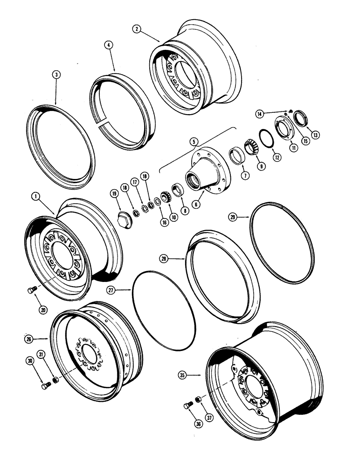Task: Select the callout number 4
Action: click(x=108, y=46)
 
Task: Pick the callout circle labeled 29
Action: click(x=233, y=217)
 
